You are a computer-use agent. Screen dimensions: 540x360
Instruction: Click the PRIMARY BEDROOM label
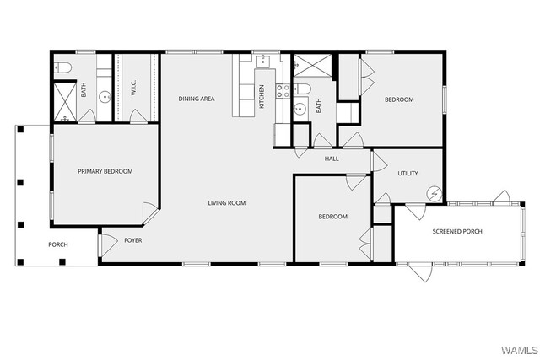105,171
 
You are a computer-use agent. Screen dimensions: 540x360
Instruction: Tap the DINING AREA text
197,99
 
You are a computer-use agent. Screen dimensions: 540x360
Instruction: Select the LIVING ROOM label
227,203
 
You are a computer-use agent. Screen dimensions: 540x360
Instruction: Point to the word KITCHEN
262,97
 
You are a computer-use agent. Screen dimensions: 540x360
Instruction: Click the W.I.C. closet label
134,88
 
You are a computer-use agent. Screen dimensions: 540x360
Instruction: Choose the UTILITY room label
408,174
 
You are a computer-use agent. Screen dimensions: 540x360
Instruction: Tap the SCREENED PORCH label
457,231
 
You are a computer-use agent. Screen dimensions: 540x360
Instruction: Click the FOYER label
133,240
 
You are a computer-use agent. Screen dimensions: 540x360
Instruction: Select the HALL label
332,159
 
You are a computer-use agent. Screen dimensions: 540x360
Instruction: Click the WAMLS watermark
520,351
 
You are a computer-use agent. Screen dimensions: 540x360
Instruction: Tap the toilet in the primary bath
63,67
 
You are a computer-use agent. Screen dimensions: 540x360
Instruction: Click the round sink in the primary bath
105,97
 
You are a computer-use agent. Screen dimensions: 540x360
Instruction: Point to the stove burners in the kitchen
283,91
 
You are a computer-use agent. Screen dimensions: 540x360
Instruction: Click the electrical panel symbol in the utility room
434,194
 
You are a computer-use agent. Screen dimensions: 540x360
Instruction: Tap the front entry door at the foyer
107,245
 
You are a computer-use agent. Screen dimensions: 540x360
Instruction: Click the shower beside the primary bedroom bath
65,102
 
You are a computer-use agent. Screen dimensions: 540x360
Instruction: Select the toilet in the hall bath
302,89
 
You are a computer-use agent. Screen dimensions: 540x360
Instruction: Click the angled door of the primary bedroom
150,213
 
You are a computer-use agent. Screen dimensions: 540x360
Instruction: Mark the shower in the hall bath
312,66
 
